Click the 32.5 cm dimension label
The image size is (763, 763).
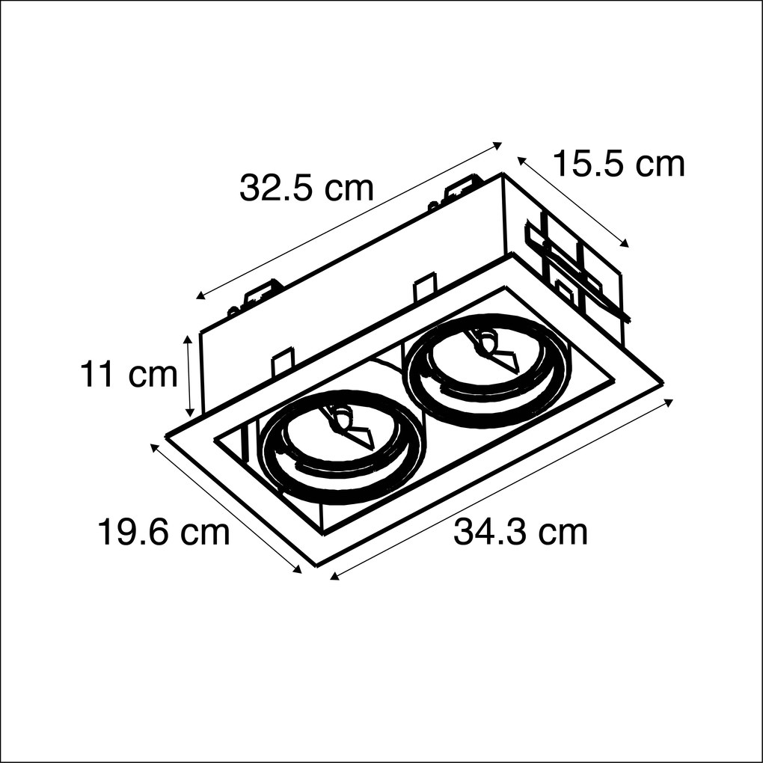click(306, 189)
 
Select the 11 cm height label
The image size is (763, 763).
click(129, 375)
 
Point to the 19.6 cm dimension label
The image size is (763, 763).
click(164, 533)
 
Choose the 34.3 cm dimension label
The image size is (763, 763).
click(521, 533)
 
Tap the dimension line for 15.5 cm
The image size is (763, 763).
click(573, 200)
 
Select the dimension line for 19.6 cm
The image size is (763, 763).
click(226, 508)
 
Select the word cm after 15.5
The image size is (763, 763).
click(659, 164)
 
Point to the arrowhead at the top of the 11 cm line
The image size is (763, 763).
click(190, 338)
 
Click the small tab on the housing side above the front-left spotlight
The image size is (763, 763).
click(281, 364)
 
